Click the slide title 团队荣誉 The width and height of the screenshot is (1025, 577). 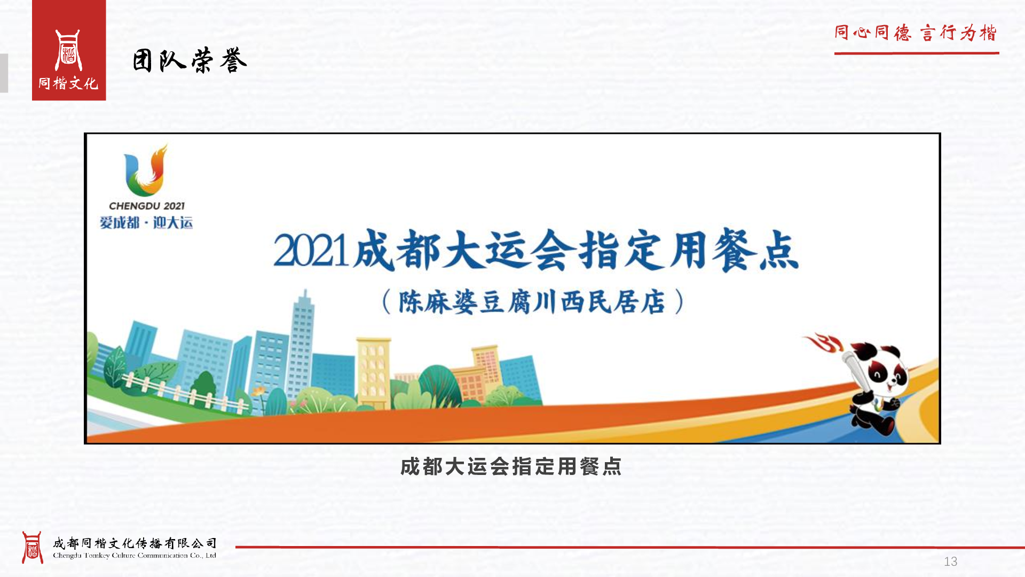[190, 60]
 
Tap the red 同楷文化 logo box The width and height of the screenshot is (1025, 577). [69, 50]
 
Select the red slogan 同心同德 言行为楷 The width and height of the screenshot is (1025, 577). [916, 33]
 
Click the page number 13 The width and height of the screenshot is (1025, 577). [951, 562]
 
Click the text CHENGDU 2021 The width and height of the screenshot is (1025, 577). [147, 206]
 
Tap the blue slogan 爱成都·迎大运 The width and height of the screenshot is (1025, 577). [146, 222]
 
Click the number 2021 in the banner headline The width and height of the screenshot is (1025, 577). [311, 251]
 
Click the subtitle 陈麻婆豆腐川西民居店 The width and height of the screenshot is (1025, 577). [532, 302]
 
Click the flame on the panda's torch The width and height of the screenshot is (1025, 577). [824, 342]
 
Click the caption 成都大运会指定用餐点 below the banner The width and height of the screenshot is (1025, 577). [511, 466]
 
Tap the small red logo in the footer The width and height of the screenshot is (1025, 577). [32, 548]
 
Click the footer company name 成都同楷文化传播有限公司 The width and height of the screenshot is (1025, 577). [135, 543]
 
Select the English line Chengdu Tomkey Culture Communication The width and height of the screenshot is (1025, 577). [135, 556]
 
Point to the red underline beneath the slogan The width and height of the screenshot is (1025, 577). [917, 53]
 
